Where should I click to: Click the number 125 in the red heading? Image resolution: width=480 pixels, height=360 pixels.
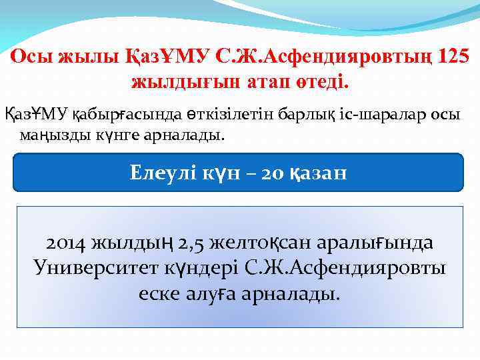pos(454,58)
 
